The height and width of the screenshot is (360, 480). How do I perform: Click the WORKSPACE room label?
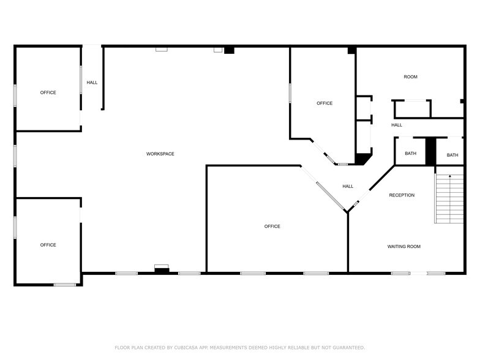pos(160,154)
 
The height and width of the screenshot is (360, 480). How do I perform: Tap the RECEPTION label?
pos(402,195)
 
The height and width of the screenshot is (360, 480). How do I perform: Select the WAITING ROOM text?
pos(403,247)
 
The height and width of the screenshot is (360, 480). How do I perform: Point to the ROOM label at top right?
pos(410,77)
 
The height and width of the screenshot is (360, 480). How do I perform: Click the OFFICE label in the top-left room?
pos(48,92)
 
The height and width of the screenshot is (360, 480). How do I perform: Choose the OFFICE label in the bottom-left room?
pos(48,245)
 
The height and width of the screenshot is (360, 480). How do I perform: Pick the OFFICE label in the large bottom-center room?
pos(272,227)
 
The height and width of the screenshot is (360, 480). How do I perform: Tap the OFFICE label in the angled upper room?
pos(324,103)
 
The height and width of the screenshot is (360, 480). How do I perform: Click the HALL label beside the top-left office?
pos(92,83)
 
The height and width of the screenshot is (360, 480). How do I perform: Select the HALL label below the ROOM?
pos(397,126)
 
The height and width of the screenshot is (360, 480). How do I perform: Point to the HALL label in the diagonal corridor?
pos(348,187)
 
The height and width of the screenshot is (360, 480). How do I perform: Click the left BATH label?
pos(410,154)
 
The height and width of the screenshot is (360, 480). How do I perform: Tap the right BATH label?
pos(452,156)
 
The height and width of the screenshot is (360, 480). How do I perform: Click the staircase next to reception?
pos(449,199)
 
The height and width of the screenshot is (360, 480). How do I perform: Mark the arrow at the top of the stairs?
pos(450,176)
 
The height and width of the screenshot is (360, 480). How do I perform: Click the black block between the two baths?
pos(430,151)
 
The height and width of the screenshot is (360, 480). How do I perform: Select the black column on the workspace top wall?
pos(229,50)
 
